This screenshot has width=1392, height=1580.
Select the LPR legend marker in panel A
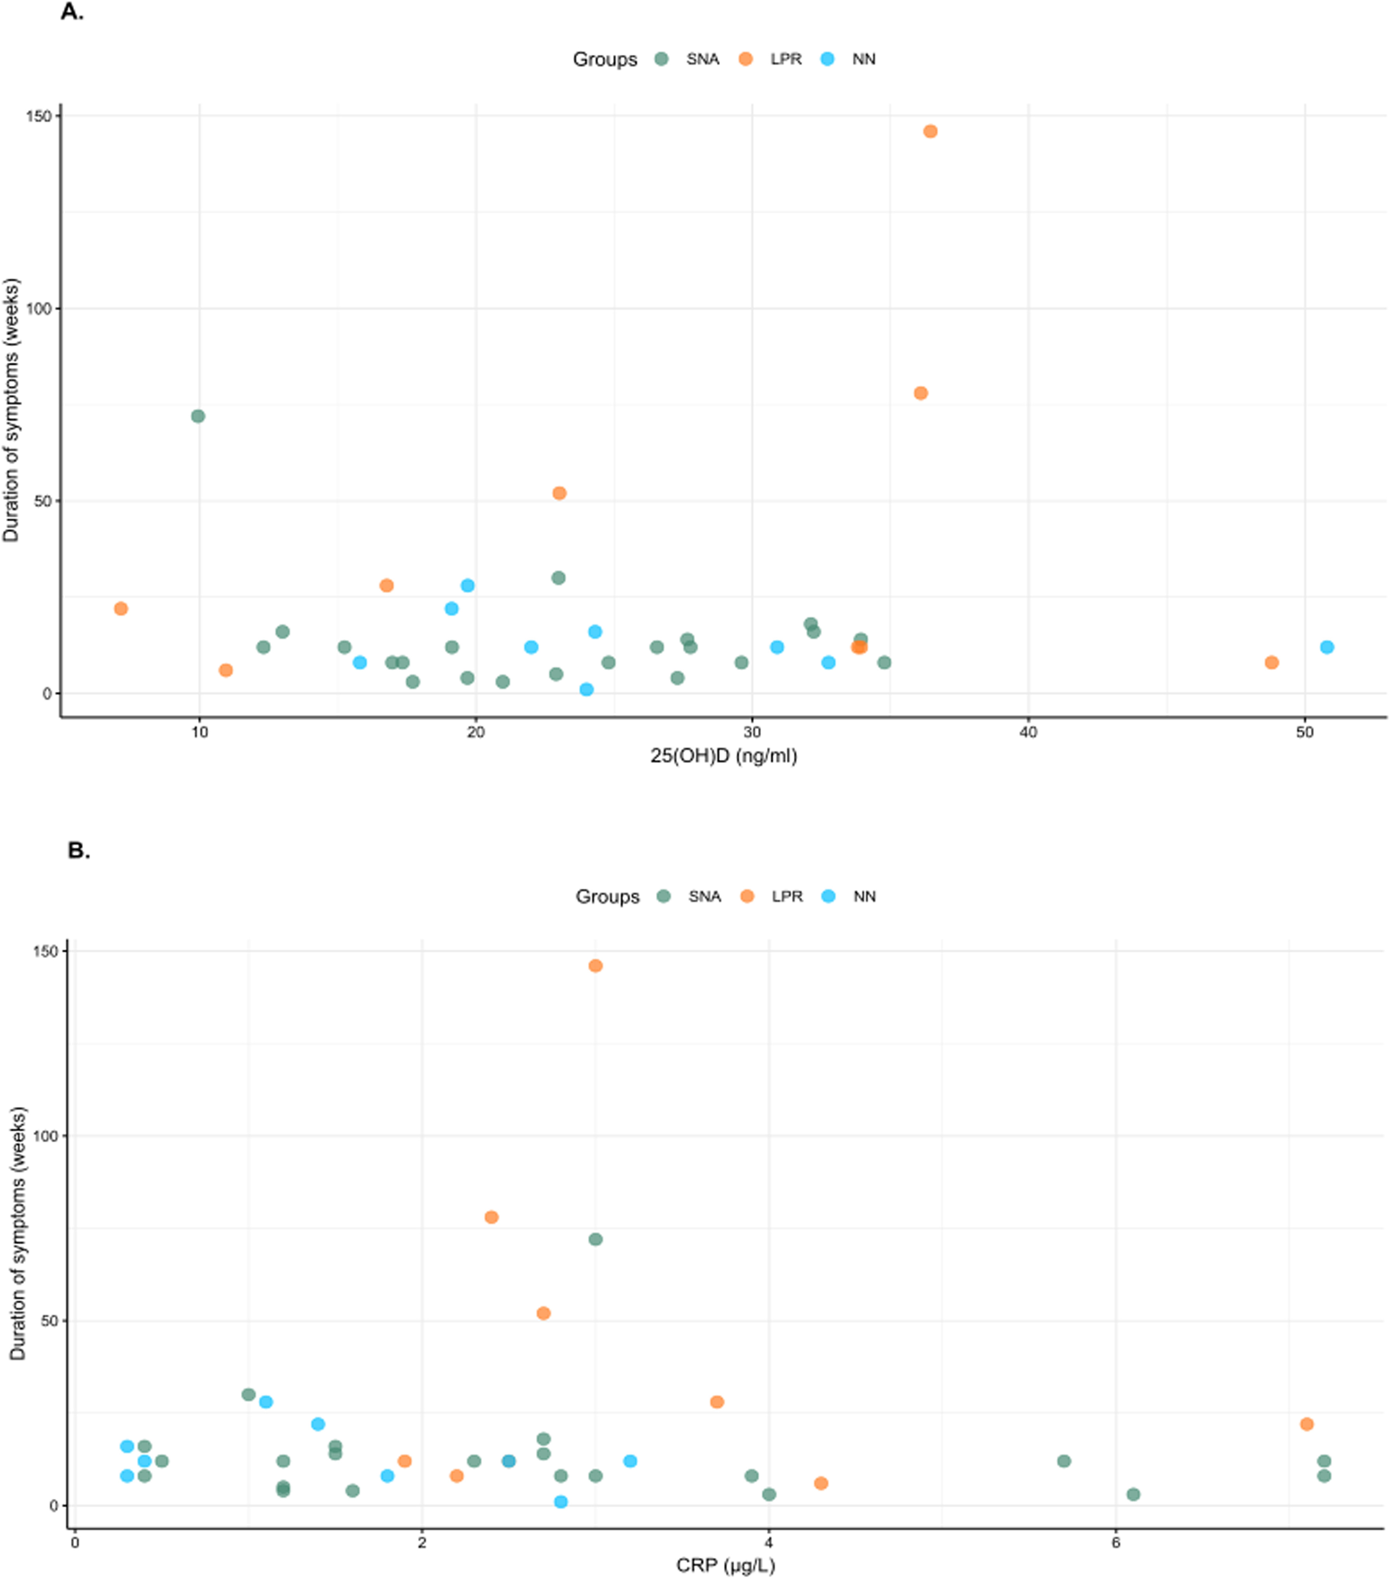[x=746, y=59]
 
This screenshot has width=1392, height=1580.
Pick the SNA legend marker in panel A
[x=662, y=59]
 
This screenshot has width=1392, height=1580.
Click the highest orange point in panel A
[x=930, y=131]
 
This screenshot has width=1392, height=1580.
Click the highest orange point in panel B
[x=595, y=965]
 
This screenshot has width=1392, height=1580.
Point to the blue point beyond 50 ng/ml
[x=1327, y=647]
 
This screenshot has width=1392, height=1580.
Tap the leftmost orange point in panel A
[x=120, y=608]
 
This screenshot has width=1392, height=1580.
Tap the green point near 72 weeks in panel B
[x=595, y=1239]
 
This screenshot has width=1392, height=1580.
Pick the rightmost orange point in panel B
[x=1307, y=1424]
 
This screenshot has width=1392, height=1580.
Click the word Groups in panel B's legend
[x=608, y=897]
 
